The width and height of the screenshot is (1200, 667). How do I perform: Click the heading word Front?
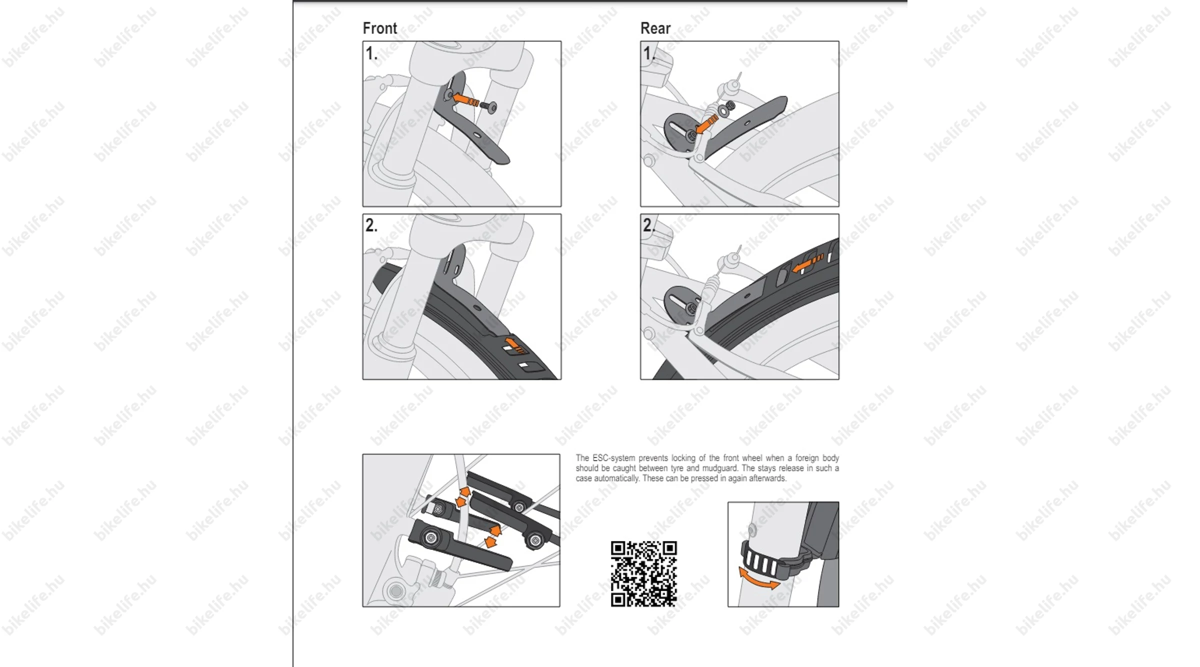coord(379,28)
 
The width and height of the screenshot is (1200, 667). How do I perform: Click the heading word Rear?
coord(655,28)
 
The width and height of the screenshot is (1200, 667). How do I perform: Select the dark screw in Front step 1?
coord(488,107)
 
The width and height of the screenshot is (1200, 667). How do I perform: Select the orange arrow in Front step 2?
coord(515,345)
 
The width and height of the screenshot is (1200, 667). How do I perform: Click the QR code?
coord(644,574)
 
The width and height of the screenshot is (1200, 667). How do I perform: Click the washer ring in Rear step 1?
coord(722,110)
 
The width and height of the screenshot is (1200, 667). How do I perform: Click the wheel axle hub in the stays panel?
coord(396,591)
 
